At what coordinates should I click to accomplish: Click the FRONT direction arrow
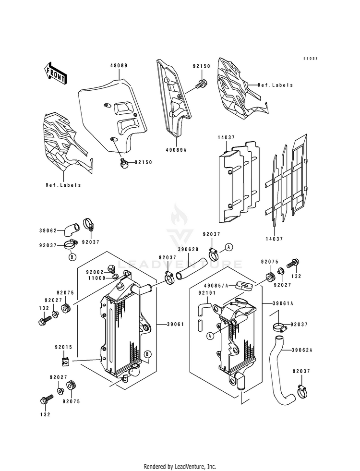[x=56, y=73]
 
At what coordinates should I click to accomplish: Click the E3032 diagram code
[x=310, y=58]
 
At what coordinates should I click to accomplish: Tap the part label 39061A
[x=283, y=303]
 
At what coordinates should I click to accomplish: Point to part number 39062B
[x=188, y=249]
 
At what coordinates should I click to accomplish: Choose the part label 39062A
[x=302, y=350]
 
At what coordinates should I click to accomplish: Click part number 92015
[x=63, y=347]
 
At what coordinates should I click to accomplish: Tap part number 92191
[x=207, y=292]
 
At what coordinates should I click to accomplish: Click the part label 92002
[x=95, y=272]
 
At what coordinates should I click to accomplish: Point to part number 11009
[x=96, y=278]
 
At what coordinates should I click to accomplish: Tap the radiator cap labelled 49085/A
[x=243, y=284]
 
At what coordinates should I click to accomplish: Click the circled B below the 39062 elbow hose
[x=72, y=257]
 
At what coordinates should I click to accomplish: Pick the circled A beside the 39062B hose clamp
[x=229, y=247]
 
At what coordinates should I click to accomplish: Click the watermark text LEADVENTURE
[x=180, y=265]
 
